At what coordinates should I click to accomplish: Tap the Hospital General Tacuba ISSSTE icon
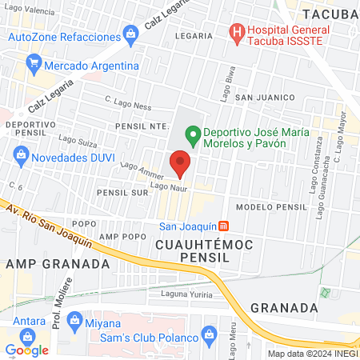(236, 34)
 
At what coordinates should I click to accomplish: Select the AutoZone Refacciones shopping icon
(130, 34)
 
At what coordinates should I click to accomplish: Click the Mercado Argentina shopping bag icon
(33, 62)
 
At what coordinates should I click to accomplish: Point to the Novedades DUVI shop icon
(22, 154)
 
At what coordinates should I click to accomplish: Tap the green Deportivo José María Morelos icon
(192, 134)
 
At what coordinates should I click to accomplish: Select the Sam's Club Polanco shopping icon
(210, 333)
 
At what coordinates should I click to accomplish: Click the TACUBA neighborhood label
(330, 14)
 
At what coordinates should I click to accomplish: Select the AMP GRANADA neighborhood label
(58, 263)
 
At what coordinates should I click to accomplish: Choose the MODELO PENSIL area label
(272, 206)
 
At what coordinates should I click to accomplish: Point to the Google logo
(27, 350)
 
